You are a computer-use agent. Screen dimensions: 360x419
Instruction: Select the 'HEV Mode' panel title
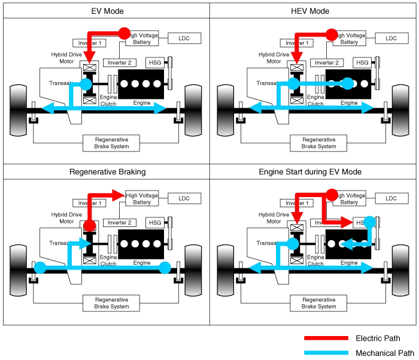pos(312,10)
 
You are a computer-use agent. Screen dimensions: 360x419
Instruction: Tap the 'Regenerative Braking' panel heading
pos(106,172)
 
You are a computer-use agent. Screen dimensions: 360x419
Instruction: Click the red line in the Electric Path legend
pos(326,339)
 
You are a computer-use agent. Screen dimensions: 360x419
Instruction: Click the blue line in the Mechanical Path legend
pos(326,353)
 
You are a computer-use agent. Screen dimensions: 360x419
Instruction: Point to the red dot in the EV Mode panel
pos(124,33)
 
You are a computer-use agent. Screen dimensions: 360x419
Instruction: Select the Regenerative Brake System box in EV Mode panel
pos(112,143)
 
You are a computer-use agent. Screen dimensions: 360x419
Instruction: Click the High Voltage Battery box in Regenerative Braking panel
pos(142,198)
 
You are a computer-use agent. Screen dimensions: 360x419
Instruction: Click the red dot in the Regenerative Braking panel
pos(90,226)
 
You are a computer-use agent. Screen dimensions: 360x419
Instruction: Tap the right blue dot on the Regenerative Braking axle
pos(165,268)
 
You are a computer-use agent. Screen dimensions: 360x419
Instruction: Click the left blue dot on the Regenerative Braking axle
pos(40,268)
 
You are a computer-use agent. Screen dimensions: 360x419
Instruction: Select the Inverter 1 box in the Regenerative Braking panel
pos(90,204)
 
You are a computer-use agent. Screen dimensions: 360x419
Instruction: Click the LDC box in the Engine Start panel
pos(390,198)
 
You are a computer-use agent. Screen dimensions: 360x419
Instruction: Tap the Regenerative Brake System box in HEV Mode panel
pos(318,143)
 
